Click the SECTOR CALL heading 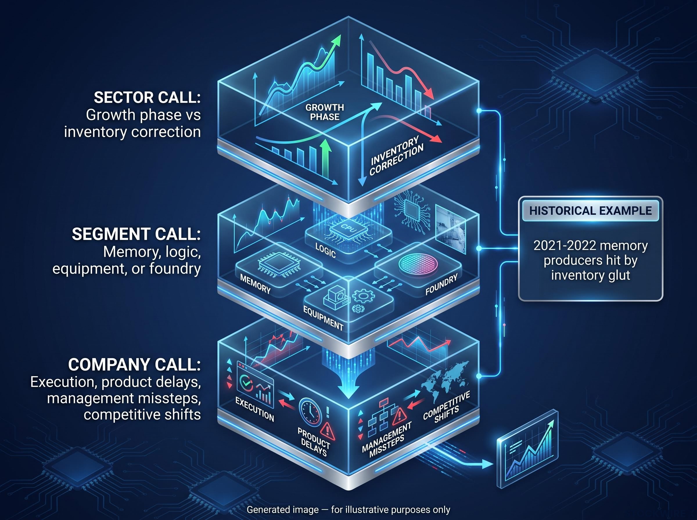[x=147, y=98]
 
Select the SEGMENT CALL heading [x=136, y=234]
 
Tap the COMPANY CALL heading [x=134, y=365]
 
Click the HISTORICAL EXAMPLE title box [x=590, y=211]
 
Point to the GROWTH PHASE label [x=324, y=112]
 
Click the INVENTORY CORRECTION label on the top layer [x=396, y=155]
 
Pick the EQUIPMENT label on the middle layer [x=323, y=318]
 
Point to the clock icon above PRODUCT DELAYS [x=310, y=412]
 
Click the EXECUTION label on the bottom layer [x=255, y=409]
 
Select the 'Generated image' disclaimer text [x=348, y=510]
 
